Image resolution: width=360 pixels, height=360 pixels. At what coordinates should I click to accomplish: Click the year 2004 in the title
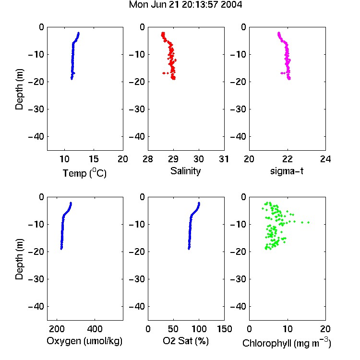point(231,4)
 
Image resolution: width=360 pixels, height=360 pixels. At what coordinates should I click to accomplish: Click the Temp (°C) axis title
point(84,173)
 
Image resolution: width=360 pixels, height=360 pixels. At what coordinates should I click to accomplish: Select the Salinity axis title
point(185,171)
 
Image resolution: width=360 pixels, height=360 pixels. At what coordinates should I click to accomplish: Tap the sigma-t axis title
point(287,171)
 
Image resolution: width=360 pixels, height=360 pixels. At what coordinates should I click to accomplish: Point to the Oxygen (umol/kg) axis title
point(84,341)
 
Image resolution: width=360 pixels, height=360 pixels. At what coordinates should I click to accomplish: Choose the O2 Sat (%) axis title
point(186,341)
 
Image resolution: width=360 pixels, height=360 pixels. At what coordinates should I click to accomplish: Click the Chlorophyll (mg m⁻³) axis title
point(287,343)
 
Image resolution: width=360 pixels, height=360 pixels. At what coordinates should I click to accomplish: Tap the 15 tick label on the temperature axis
point(94,159)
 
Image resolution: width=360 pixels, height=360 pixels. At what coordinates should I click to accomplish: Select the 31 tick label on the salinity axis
point(224,159)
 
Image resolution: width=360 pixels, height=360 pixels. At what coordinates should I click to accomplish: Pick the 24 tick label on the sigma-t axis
point(325,159)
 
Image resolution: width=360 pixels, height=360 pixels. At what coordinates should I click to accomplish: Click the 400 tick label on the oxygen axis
point(95,329)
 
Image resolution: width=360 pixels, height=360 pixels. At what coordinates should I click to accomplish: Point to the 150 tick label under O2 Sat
point(225,329)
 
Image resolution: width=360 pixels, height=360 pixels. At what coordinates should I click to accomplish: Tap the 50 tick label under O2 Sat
point(173,329)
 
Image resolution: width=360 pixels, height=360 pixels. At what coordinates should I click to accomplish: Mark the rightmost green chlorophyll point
point(308,222)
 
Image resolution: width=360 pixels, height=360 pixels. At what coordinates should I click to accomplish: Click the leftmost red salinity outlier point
point(163,73)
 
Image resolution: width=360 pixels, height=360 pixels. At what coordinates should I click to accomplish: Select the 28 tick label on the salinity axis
point(148,159)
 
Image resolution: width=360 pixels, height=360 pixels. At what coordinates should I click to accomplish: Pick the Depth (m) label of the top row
point(19,89)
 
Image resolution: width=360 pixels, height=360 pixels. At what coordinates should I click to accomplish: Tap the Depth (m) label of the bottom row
point(19,259)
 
